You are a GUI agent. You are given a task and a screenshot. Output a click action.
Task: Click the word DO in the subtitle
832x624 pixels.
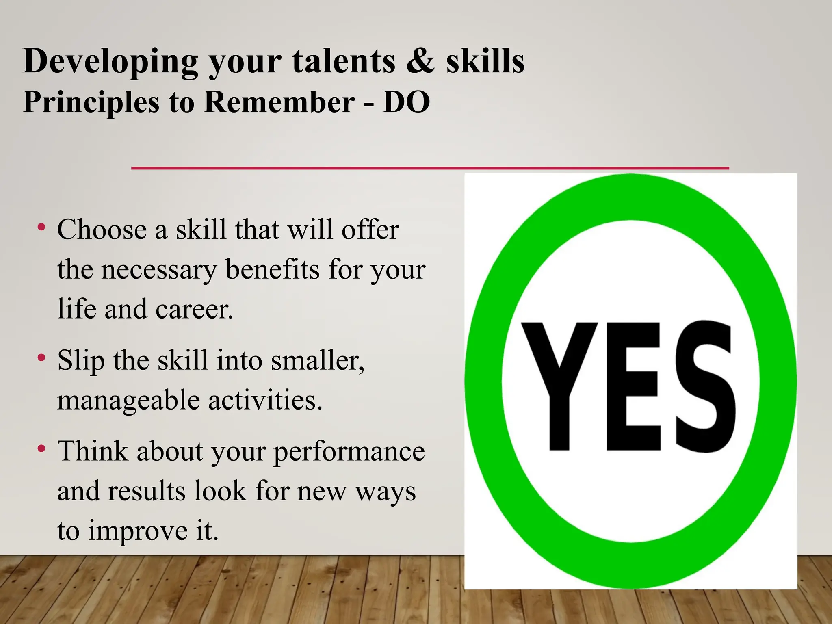pyautogui.click(x=406, y=102)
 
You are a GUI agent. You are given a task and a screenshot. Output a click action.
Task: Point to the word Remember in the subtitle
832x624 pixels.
pyautogui.click(x=279, y=102)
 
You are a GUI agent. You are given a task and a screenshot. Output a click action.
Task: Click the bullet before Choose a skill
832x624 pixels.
pyautogui.click(x=41, y=227)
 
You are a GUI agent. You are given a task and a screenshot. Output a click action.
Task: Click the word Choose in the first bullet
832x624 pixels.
pyautogui.click(x=101, y=230)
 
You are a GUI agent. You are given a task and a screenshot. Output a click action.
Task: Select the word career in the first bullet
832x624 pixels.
pyautogui.click(x=194, y=309)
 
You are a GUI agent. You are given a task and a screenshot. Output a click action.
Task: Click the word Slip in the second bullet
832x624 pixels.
pyautogui.click(x=81, y=361)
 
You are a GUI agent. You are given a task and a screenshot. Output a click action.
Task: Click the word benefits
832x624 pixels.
pyautogui.click(x=272, y=269)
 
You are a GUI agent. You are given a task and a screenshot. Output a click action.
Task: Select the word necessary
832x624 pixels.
pyautogui.click(x=159, y=270)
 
